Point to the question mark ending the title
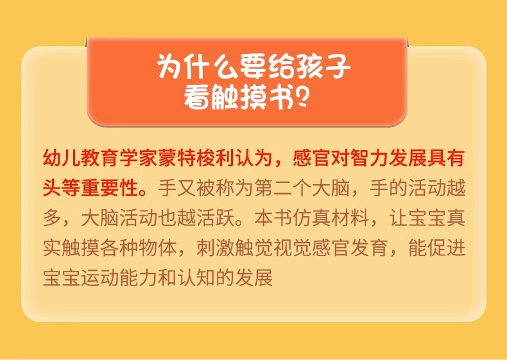[x=302, y=97]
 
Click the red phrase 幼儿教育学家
[x=100, y=159]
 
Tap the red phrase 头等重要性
[x=91, y=188]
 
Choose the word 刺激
[x=216, y=248]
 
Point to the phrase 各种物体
[x=139, y=248]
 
